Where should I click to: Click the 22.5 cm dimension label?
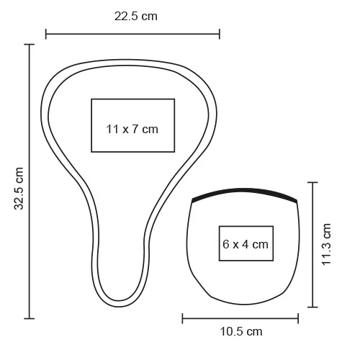[136, 17]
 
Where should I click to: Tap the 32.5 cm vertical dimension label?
[19, 189]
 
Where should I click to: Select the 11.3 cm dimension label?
[326, 244]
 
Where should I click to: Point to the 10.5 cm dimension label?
[241, 332]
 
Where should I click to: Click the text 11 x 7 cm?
[132, 129]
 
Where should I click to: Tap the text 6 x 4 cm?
[246, 244]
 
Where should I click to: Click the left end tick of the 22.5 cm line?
[46, 34]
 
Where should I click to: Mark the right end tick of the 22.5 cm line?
[220, 34]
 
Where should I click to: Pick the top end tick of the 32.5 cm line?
[30, 45]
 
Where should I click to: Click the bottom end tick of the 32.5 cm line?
[30, 318]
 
